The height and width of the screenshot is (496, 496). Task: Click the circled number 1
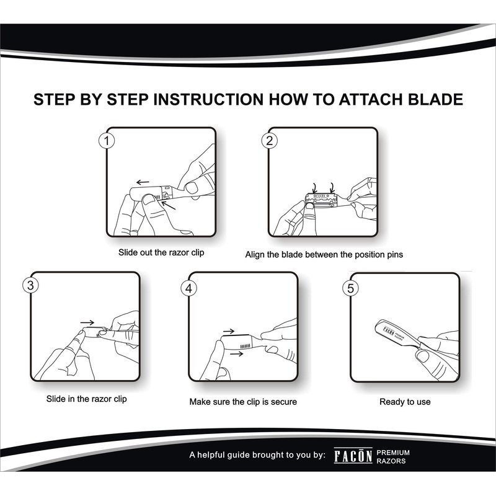107,141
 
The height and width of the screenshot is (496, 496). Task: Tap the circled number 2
269,141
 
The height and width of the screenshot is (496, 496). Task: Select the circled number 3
30,285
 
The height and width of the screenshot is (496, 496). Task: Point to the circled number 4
189,288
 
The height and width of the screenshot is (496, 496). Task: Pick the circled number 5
350,288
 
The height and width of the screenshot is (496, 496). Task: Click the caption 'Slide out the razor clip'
161,252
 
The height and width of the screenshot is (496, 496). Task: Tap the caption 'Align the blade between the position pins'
324,255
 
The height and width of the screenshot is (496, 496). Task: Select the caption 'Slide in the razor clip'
86,399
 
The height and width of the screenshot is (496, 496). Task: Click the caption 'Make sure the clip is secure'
243,402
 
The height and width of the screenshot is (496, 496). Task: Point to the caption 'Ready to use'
405,402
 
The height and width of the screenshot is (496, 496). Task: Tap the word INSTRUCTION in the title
208,99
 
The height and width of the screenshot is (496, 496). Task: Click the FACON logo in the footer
353,456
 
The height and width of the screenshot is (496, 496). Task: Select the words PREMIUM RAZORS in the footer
393,457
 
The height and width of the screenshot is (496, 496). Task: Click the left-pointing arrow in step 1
143,182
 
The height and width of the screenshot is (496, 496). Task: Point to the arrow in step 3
87,322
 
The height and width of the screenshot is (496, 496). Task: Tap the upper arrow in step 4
229,331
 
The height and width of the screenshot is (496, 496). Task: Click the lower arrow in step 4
237,353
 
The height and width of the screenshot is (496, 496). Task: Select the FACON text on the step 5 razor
389,332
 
